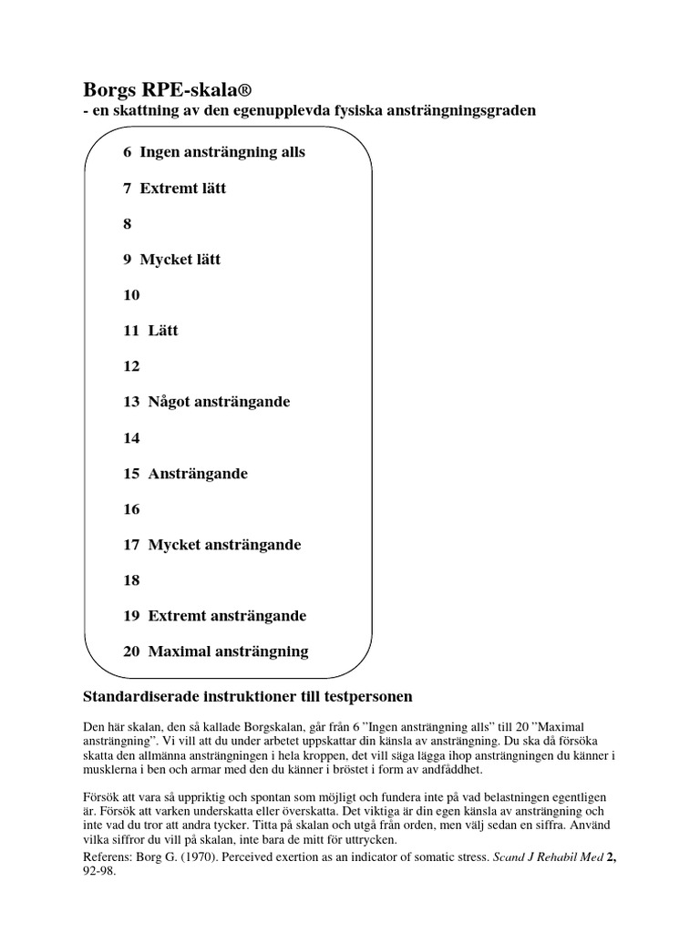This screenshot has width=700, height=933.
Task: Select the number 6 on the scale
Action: coord(128,152)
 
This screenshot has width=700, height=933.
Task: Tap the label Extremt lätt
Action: coord(183,189)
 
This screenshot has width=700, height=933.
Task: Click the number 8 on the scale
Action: coord(128,224)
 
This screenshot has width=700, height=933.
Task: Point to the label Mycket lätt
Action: coord(180,260)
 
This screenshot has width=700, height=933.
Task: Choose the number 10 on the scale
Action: coord(131,295)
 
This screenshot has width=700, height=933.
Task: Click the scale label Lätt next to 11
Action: coord(163,331)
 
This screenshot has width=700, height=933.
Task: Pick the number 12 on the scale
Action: coord(131,366)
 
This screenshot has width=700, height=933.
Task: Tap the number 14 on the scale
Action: coord(131,438)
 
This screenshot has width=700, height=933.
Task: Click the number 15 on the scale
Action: coord(131,474)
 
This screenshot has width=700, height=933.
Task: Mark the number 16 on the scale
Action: coord(131,509)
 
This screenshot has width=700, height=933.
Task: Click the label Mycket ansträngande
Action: coord(224,545)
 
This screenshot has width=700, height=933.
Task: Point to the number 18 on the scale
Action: coord(131,580)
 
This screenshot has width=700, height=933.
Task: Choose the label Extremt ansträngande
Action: coord(227,616)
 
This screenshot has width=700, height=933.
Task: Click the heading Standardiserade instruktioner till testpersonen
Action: coord(248,697)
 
